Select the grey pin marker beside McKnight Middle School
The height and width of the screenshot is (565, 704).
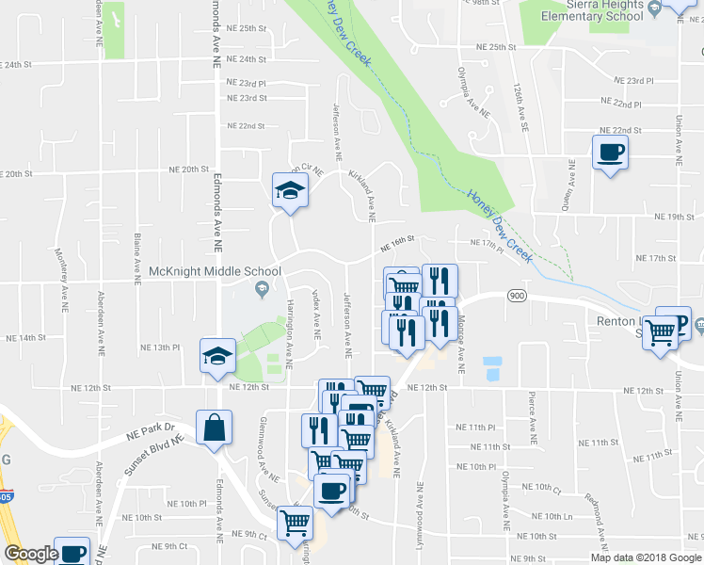pyautogui.click(x=263, y=288)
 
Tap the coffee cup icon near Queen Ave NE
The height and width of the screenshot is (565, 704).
pyautogui.click(x=610, y=152)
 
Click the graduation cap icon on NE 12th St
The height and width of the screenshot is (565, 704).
pyautogui.click(x=217, y=356)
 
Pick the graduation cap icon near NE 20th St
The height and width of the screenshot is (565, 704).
pyautogui.click(x=290, y=189)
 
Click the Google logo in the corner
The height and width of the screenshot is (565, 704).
pyautogui.click(x=30, y=555)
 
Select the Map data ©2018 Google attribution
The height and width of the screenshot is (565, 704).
pyautogui.click(x=645, y=557)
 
